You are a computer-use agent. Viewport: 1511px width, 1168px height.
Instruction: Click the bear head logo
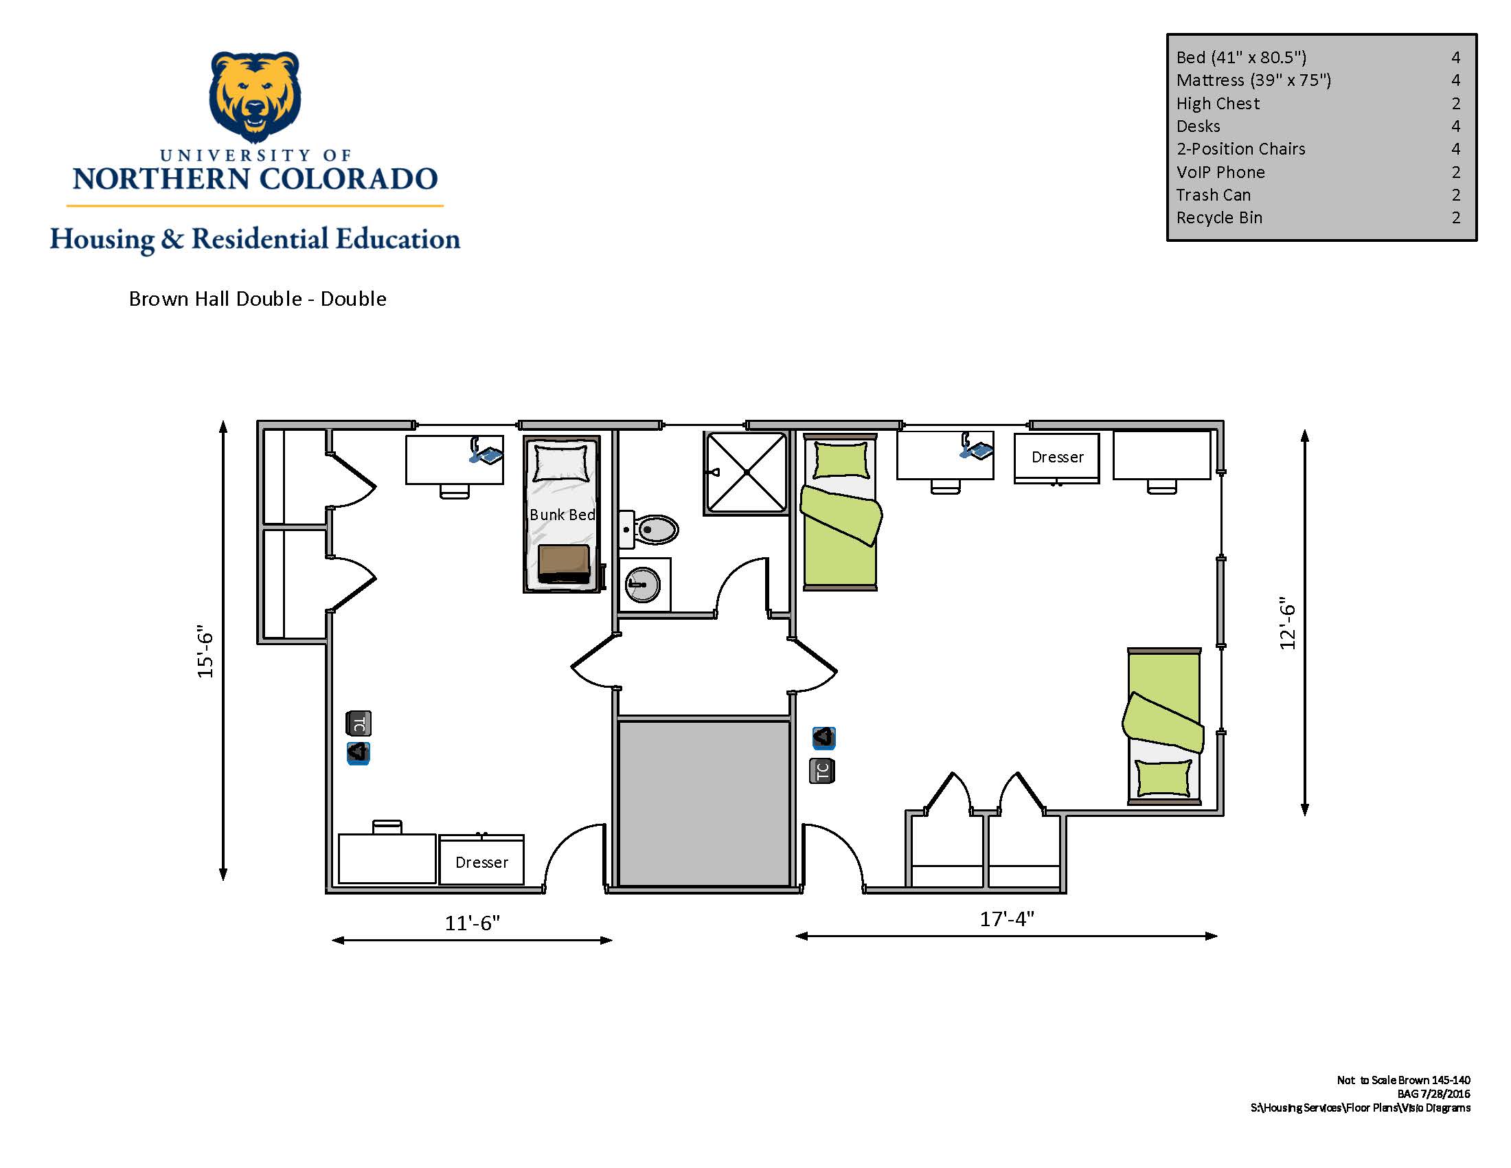(255, 96)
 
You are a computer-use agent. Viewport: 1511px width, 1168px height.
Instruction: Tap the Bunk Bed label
(562, 515)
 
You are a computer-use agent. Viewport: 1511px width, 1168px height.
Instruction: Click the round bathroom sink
(643, 585)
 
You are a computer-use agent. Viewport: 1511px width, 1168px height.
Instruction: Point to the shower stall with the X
(746, 473)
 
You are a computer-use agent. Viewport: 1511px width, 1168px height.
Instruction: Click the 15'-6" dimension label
(205, 651)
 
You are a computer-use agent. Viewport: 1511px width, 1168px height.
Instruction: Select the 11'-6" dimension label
(472, 923)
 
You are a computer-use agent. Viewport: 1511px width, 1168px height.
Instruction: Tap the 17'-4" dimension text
(1007, 919)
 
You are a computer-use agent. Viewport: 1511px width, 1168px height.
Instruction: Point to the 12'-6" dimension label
(1287, 622)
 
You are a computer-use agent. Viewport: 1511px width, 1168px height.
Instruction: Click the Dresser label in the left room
(481, 862)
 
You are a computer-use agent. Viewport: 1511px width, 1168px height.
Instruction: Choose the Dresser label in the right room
(1057, 457)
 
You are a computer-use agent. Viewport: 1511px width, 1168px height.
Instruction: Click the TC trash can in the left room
(359, 723)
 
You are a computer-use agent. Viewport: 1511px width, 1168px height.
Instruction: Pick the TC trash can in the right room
(822, 771)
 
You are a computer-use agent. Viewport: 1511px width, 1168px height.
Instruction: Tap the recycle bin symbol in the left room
(359, 753)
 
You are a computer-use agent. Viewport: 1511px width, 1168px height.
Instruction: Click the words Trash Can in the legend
(1214, 195)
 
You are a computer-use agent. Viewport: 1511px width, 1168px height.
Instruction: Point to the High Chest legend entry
(1218, 104)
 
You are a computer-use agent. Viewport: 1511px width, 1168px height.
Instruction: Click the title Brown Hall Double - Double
(258, 299)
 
